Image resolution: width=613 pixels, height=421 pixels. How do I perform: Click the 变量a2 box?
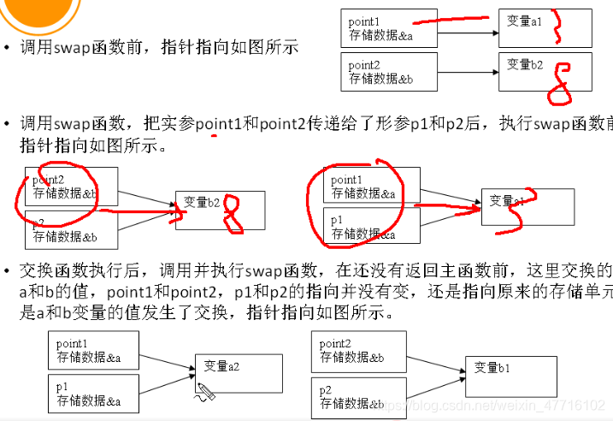click(239, 371)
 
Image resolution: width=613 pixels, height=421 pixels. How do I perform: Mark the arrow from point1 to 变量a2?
click(168, 360)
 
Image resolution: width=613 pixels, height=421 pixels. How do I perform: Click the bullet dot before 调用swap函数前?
click(8, 49)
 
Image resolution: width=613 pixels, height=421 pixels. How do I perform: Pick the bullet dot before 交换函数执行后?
click(8, 272)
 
